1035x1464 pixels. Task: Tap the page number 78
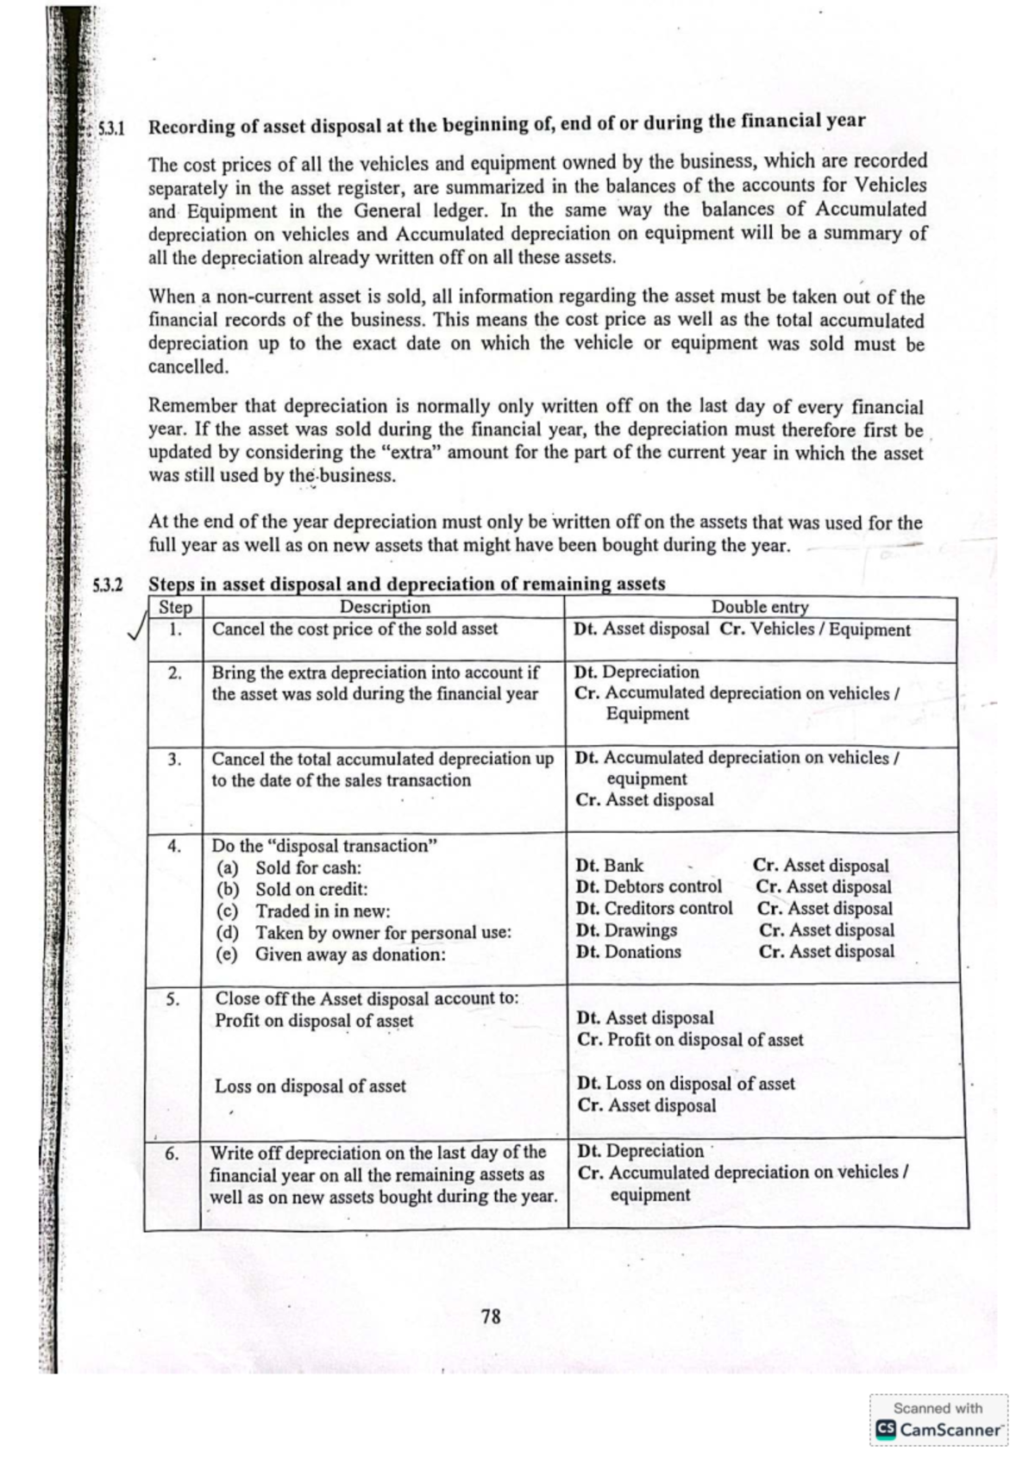point(491,1316)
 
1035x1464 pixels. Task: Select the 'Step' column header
point(175,607)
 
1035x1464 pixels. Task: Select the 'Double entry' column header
point(760,607)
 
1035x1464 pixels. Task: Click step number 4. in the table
point(174,846)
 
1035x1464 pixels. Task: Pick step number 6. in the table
point(172,1154)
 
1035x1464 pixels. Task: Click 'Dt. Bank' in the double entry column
point(609,866)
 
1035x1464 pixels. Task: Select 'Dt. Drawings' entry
point(626,930)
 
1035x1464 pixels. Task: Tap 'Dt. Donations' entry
point(628,952)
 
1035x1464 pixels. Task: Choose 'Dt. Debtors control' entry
point(649,886)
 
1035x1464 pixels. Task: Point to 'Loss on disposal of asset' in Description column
point(310,1086)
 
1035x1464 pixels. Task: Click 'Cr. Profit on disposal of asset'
point(690,1040)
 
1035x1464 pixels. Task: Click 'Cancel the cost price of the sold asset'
point(354,629)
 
